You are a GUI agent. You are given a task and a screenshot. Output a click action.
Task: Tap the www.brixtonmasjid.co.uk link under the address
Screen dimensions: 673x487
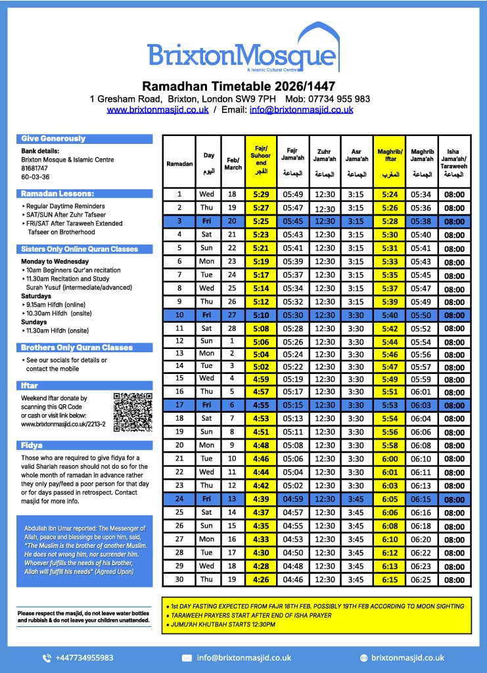click(158, 110)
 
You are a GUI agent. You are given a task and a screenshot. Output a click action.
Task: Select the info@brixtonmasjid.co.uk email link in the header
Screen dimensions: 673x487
click(301, 110)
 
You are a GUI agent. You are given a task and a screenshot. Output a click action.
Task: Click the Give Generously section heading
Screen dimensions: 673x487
click(53, 139)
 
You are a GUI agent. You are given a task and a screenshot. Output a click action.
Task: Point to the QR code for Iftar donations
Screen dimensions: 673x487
click(133, 412)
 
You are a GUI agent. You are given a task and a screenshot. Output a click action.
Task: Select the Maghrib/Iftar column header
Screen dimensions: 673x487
click(389, 160)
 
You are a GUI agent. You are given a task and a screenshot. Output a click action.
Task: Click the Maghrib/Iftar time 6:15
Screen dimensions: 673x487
click(389, 580)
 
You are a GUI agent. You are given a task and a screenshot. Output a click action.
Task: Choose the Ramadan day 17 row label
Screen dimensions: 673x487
click(179, 406)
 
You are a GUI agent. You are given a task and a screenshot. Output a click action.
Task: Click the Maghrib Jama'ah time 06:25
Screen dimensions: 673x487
click(421, 580)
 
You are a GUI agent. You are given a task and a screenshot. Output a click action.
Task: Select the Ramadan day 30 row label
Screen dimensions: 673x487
click(179, 580)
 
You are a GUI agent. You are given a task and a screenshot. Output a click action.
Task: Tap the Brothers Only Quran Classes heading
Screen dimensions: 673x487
click(76, 348)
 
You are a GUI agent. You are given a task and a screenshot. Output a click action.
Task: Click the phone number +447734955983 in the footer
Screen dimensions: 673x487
click(84, 657)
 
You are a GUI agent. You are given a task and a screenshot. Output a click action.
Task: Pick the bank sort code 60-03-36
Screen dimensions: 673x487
click(35, 177)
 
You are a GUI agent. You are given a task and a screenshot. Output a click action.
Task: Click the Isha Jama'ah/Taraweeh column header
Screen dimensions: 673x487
click(454, 160)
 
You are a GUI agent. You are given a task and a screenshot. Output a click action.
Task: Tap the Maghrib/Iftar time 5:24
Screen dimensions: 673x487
click(389, 195)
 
